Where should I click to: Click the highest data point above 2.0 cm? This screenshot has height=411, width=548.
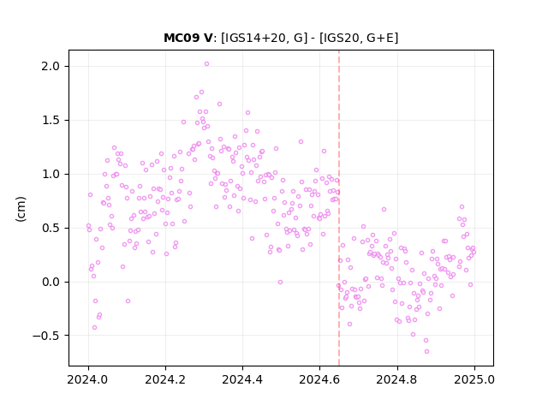pos(206,64)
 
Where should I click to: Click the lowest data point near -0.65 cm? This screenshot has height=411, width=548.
pos(426,352)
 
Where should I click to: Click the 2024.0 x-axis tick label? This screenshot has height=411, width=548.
pos(88,379)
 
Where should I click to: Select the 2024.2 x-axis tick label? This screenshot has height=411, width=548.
pos(165,379)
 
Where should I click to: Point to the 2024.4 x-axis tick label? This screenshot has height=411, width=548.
pos(242,379)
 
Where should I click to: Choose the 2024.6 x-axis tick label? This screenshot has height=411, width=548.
pos(319,379)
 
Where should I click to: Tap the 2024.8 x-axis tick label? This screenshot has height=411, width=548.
pos(397,379)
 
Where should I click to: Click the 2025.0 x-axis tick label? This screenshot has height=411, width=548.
pos(474,379)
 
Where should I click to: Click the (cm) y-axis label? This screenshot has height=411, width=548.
pos(21,209)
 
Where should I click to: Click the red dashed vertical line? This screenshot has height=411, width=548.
pos(339,208)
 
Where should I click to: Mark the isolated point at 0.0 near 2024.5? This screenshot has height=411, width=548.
pos(280,282)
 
